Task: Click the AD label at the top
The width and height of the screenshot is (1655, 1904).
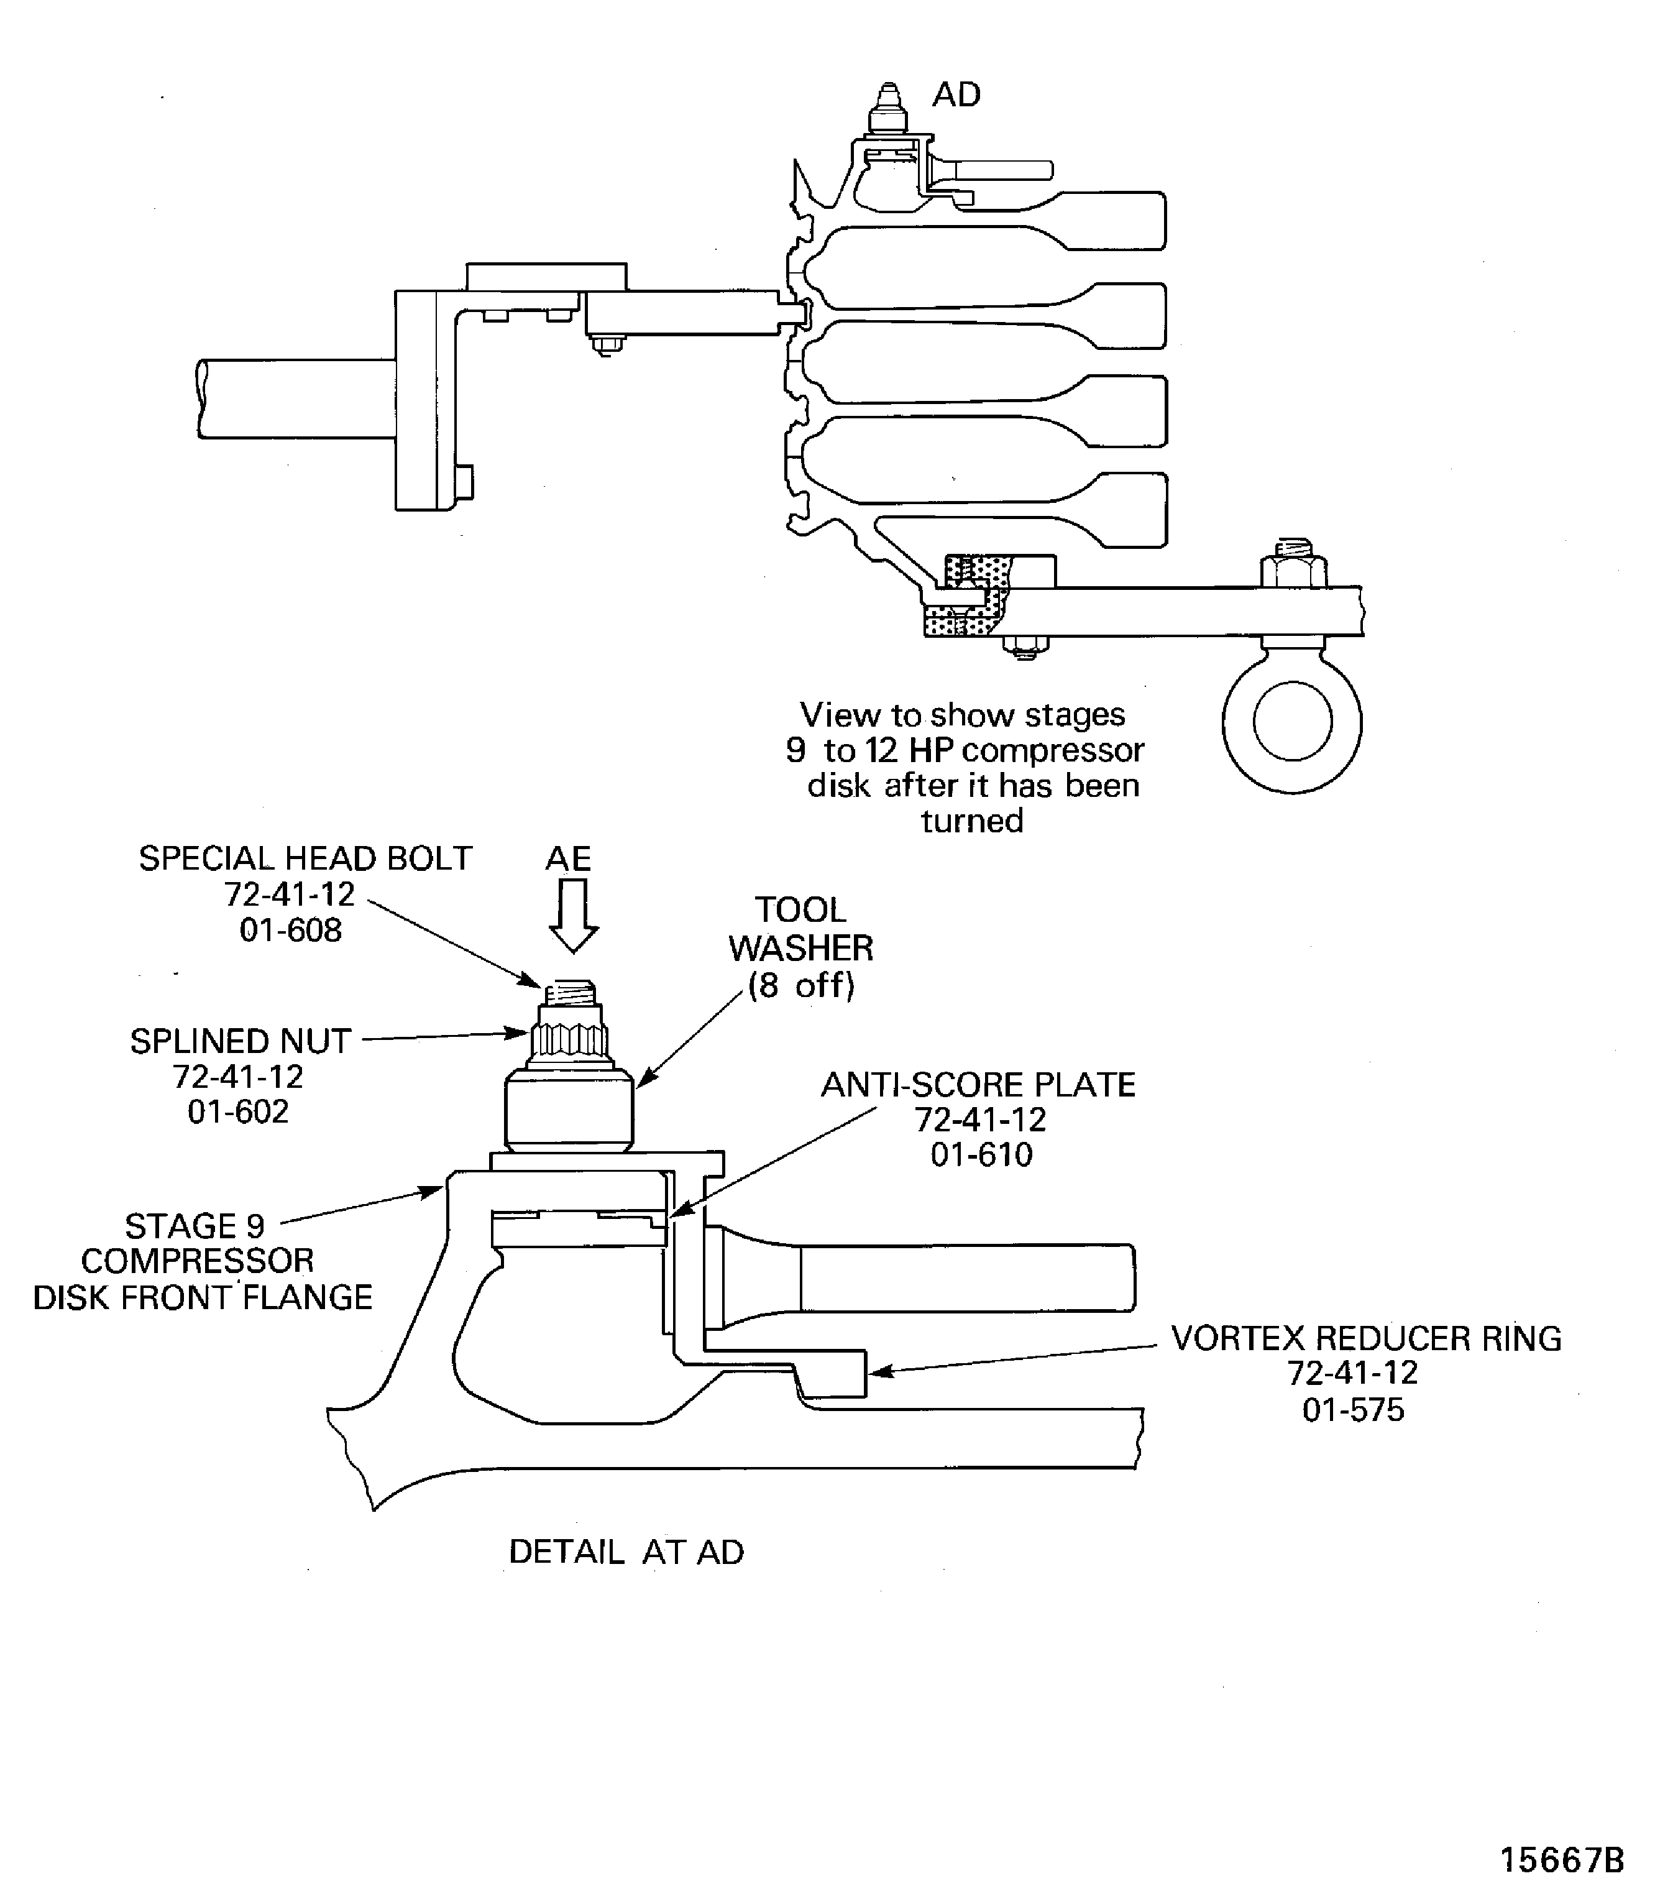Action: pos(955,95)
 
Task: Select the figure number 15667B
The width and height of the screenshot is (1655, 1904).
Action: pos(1561,1860)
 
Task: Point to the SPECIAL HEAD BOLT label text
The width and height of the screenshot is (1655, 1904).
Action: pos(305,859)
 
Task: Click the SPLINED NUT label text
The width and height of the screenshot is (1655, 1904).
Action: pos(240,1041)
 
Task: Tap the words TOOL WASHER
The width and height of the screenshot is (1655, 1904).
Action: pos(800,929)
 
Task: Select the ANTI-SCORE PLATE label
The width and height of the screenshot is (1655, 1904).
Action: pos(978,1085)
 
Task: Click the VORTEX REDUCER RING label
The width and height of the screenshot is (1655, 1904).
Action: pos(1366,1338)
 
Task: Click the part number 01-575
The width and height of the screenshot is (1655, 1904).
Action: pos(1353,1410)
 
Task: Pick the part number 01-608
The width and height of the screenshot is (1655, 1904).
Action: pos(290,929)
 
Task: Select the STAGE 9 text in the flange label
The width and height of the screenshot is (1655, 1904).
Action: pos(195,1226)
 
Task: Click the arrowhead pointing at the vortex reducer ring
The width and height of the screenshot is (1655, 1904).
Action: pos(878,1372)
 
